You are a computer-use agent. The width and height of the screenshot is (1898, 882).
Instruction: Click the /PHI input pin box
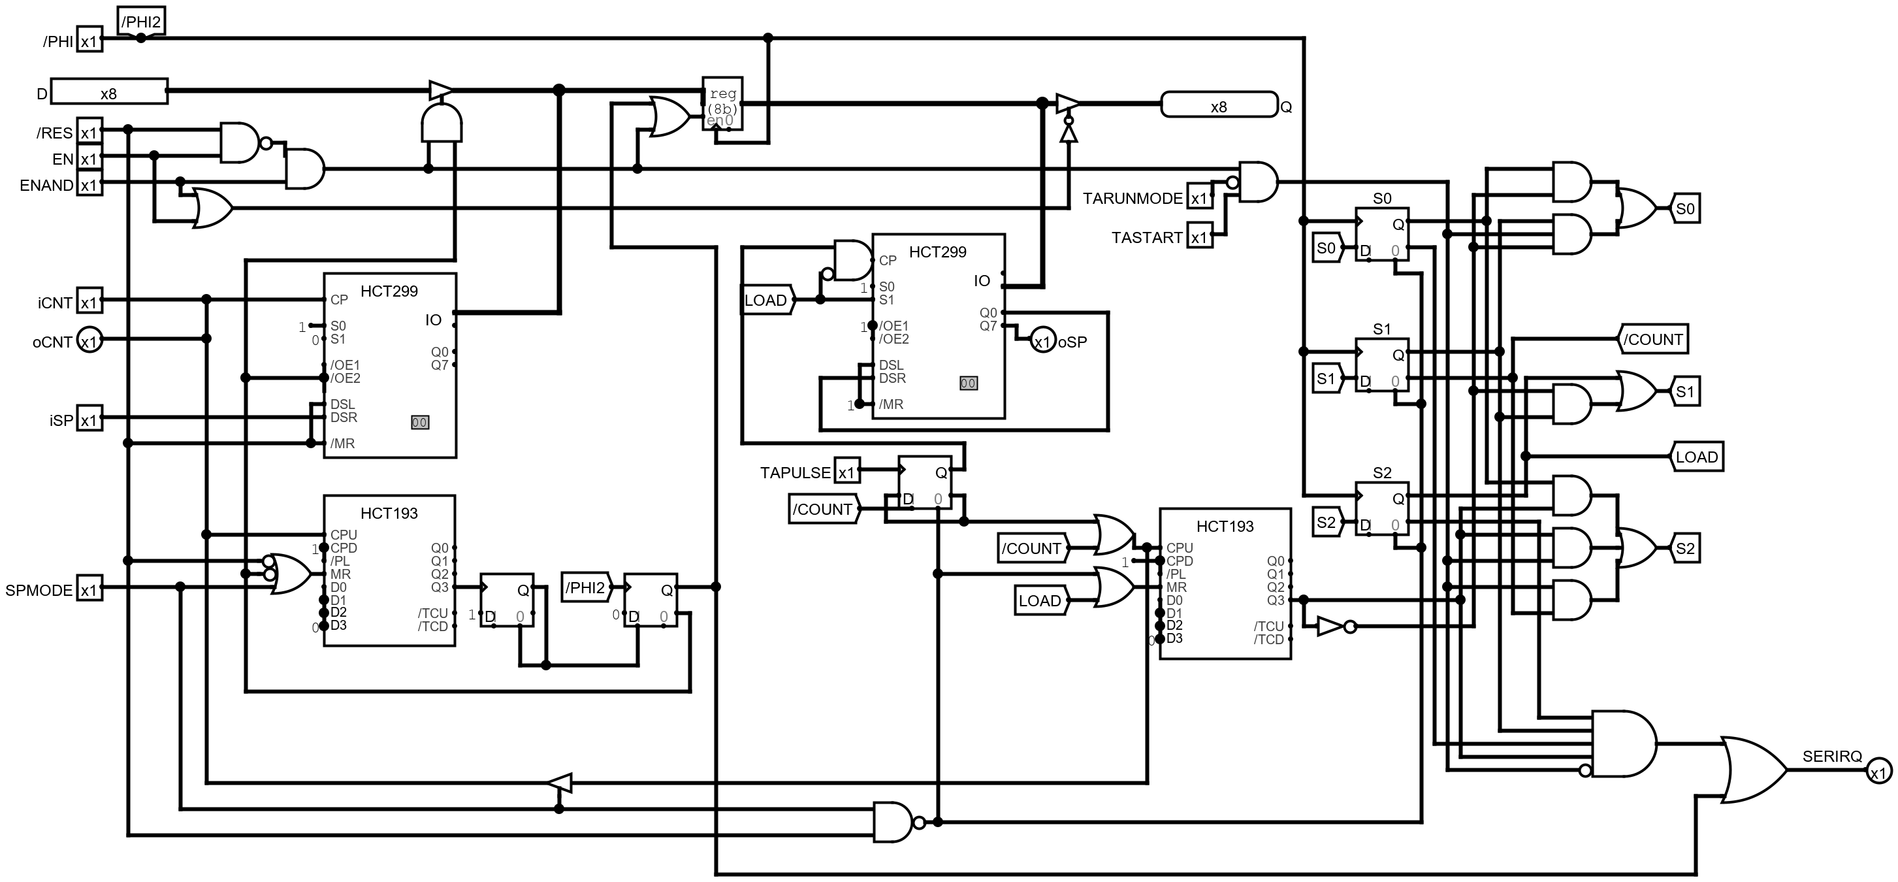[x=89, y=41]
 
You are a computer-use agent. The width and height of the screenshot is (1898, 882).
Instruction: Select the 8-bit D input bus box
[x=109, y=93]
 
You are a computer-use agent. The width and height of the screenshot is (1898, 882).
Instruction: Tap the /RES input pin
[x=89, y=133]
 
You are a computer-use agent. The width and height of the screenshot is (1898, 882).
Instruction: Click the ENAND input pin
[x=89, y=185]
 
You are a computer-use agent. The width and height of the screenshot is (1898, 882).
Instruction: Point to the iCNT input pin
[x=89, y=302]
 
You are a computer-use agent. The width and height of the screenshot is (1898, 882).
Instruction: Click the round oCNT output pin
[x=89, y=341]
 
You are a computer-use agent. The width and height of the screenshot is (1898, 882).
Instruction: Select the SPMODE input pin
[x=89, y=589]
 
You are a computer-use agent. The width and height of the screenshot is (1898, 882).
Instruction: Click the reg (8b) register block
[x=722, y=104]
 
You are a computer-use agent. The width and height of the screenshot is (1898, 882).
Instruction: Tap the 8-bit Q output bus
[x=1219, y=105]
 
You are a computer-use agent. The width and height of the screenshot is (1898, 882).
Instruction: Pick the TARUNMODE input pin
[x=1198, y=198]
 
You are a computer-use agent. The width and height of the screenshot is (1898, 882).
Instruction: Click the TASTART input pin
[x=1198, y=237]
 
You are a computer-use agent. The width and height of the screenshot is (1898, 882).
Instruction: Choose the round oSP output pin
[x=1042, y=341]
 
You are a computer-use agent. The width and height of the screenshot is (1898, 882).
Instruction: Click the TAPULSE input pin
[x=846, y=472]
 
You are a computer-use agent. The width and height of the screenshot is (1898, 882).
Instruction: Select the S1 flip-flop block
[x=1382, y=365]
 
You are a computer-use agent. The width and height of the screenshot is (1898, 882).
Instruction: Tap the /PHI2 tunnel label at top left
[x=140, y=22]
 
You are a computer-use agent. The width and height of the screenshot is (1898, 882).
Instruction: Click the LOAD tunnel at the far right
[x=1696, y=457]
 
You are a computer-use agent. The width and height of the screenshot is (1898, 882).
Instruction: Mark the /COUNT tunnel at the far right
[x=1653, y=340]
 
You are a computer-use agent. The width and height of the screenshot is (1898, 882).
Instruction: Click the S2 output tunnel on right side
[x=1685, y=548]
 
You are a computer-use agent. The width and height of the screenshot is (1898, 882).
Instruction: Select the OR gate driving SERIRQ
[x=1752, y=769]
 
